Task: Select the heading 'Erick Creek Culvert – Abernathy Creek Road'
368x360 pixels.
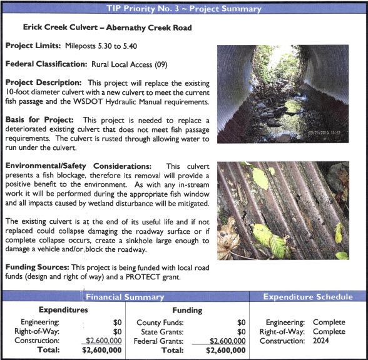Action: [x=108, y=28]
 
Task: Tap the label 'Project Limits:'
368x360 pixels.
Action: [x=33, y=46]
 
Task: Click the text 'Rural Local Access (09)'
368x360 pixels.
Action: [x=130, y=64]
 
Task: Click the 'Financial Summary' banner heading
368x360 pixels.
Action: [x=126, y=297]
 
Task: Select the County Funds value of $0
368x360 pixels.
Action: [x=242, y=322]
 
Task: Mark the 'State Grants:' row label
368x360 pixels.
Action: [x=159, y=331]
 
